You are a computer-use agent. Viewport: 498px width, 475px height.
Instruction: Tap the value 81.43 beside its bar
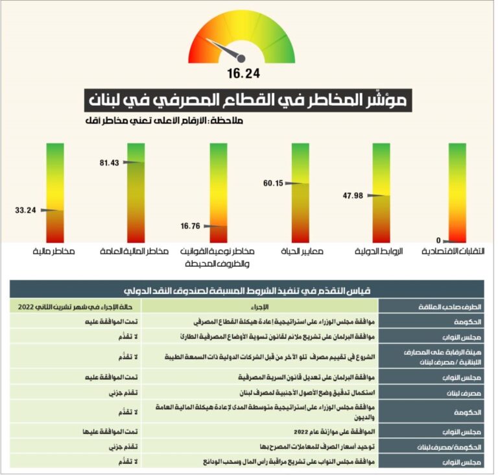point(108,162)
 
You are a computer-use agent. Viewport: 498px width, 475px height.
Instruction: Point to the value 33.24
point(25,210)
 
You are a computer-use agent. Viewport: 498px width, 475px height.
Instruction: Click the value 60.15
point(272,183)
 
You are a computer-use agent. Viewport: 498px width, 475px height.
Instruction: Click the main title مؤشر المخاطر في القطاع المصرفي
point(248,100)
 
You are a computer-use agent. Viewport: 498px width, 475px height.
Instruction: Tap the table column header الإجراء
point(260,306)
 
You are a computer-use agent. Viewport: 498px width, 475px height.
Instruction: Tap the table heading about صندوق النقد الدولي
point(248,290)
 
